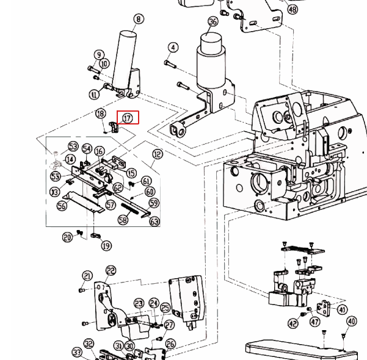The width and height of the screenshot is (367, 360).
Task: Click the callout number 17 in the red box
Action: pos(128,117)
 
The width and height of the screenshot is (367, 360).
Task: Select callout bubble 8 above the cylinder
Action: pos(139,19)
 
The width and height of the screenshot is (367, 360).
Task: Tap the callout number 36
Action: pos(213,22)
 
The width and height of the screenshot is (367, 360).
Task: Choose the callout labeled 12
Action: pos(158,154)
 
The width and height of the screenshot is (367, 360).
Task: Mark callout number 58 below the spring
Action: pos(123,220)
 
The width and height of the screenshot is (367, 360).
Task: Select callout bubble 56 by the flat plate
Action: pos(62,206)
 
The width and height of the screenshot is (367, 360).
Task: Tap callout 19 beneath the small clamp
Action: pos(106,246)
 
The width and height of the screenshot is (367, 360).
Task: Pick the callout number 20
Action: pos(68,237)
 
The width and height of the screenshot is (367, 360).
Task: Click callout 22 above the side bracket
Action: pos(111,270)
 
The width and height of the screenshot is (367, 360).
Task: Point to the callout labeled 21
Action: pos(87,276)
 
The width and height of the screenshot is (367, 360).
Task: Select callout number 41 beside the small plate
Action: pos(342,310)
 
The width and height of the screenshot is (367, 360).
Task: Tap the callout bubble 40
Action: pos(351,321)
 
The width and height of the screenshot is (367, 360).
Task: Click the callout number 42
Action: pos(293,323)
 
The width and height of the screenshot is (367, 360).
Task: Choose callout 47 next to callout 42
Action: pos(314,322)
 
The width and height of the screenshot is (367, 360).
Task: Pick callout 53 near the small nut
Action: pos(73,146)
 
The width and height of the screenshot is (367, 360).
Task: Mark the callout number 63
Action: pos(154,221)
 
